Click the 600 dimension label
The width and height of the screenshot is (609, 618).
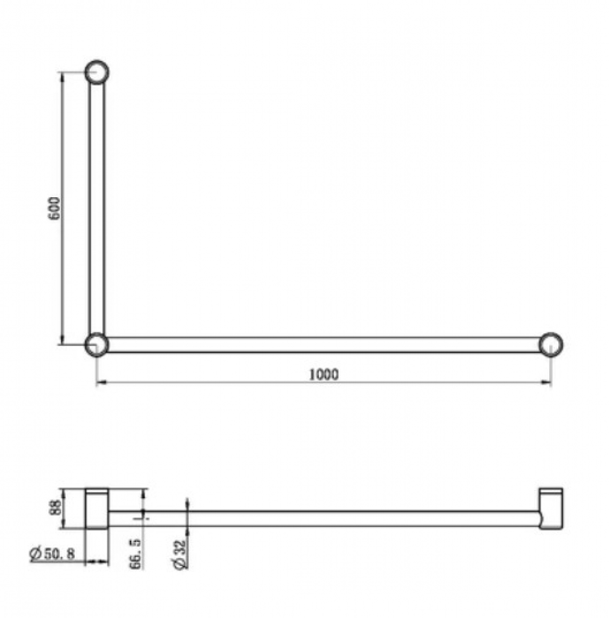[54, 208]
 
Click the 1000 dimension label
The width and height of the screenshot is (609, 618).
[324, 375]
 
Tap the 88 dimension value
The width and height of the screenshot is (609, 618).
[56, 507]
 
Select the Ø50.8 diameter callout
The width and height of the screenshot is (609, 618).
[52, 554]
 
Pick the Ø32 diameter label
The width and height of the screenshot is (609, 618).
[179, 554]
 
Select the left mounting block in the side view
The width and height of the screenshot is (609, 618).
[97, 509]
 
